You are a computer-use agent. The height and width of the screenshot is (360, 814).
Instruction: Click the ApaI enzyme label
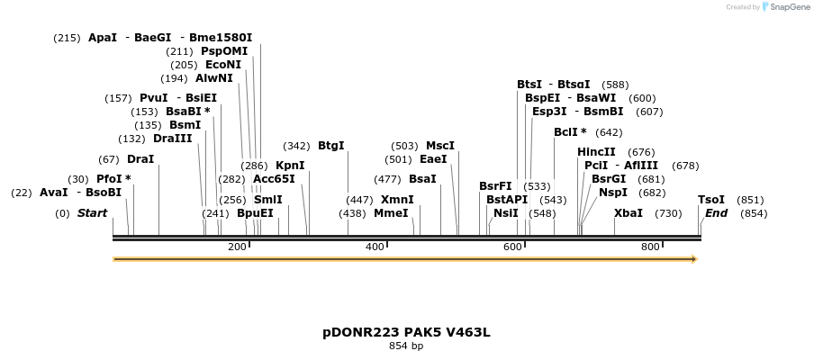point(103,38)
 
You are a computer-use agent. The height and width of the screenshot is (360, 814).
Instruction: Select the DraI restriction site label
point(140,159)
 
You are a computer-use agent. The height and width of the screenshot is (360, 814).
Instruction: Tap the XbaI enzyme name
point(629,213)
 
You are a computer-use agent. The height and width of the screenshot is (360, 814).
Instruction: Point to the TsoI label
point(711,200)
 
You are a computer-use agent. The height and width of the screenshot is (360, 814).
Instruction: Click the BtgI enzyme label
point(331,146)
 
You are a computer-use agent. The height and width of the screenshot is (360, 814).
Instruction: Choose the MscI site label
point(440,146)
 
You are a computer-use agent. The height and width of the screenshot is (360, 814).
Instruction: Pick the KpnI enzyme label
point(290,166)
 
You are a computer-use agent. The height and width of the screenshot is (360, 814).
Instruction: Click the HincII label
point(596,152)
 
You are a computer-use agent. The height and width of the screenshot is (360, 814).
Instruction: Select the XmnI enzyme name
point(397,200)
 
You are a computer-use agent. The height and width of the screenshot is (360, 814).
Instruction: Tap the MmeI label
point(391,213)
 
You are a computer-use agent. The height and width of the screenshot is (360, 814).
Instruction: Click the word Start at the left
point(92,213)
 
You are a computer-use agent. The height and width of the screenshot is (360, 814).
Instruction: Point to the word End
point(717,213)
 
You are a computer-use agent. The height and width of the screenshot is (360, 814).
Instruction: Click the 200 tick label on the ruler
point(237,247)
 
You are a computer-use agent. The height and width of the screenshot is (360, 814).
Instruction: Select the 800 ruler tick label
point(650,247)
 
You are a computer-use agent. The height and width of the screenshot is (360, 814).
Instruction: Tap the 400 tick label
point(375,247)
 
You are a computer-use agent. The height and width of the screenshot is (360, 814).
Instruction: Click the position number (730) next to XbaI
point(668,213)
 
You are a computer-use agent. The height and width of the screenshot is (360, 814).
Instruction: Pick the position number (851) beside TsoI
point(750,200)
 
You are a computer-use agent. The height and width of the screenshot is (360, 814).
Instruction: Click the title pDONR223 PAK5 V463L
point(406,332)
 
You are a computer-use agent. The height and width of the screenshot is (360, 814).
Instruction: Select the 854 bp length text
point(406,346)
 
